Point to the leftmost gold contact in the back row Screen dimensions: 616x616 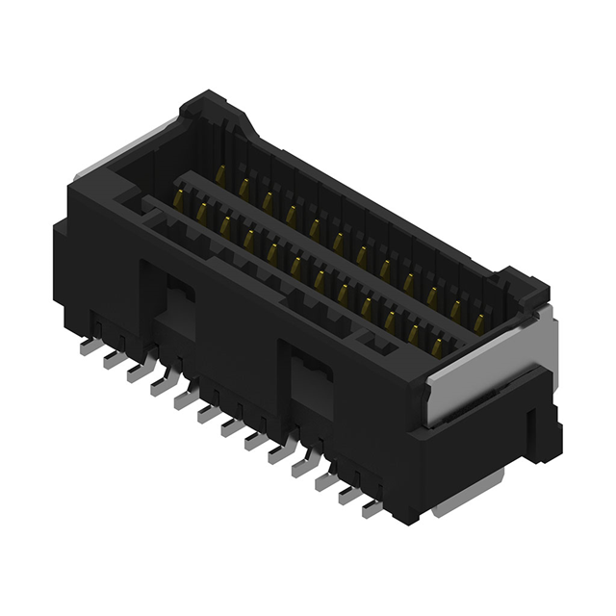coord(220,176)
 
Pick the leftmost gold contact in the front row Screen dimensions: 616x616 coord(178,199)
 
